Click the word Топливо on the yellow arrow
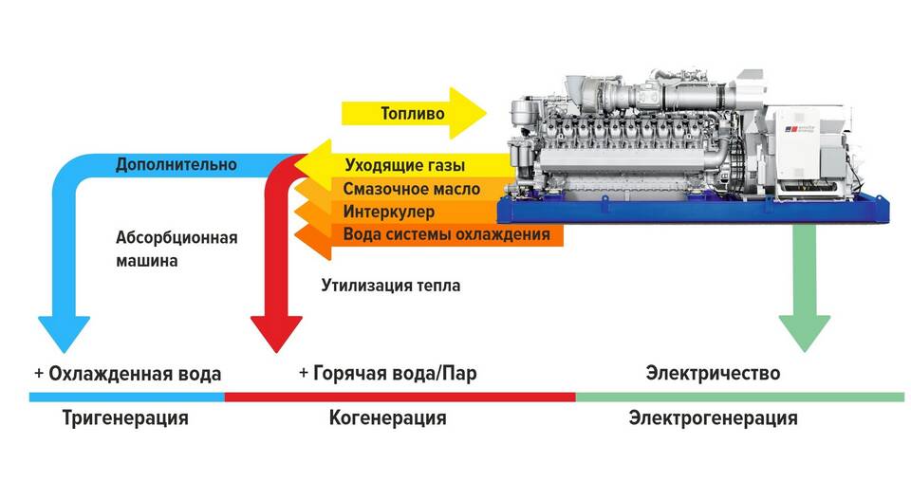[x=412, y=115]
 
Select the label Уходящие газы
[x=404, y=166]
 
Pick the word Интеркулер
[x=389, y=211]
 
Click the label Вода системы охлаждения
[x=445, y=233]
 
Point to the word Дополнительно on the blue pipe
[x=176, y=164]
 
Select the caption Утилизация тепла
[x=390, y=284]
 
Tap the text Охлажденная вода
[x=128, y=373]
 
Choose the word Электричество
[x=713, y=372]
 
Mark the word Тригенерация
[x=125, y=417]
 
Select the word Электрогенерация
[x=713, y=417]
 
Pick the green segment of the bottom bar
[x=740, y=396]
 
